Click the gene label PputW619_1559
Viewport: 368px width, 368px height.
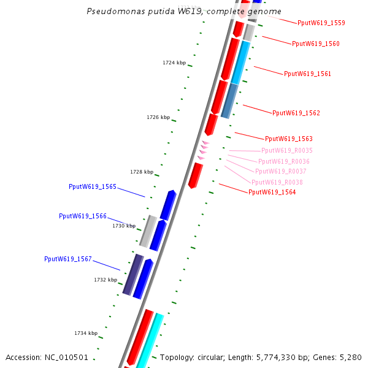pos(321,23)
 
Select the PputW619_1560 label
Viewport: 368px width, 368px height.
pos(315,44)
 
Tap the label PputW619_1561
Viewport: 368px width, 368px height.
pos(307,74)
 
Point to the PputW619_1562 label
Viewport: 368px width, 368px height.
pos(296,113)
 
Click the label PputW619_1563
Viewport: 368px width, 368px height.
pos(289,139)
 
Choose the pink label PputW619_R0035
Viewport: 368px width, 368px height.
pos(287,151)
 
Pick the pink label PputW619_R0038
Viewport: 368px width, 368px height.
pos(277,183)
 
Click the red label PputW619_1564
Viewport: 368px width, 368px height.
pos(272,193)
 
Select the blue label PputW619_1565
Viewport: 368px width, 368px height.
pos(93,187)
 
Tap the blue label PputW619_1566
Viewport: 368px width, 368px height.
pos(83,217)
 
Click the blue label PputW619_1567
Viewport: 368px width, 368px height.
pos(68,259)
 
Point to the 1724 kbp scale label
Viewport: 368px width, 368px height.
pos(174,63)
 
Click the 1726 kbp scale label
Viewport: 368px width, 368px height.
pos(158,117)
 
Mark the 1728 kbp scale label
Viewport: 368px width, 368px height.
pos(142,172)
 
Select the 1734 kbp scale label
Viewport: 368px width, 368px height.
pos(86,333)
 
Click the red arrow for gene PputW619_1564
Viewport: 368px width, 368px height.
pos(196,175)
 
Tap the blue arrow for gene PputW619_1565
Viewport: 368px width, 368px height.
pos(168,205)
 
